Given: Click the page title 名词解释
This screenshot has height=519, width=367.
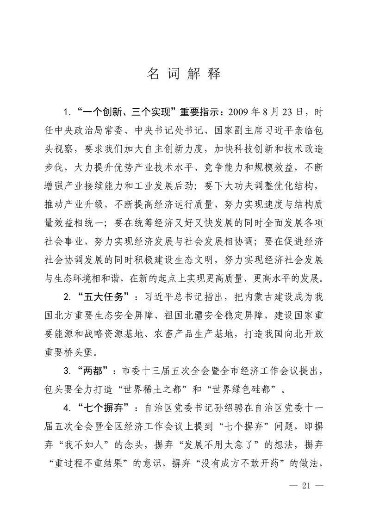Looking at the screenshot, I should (184, 74).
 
